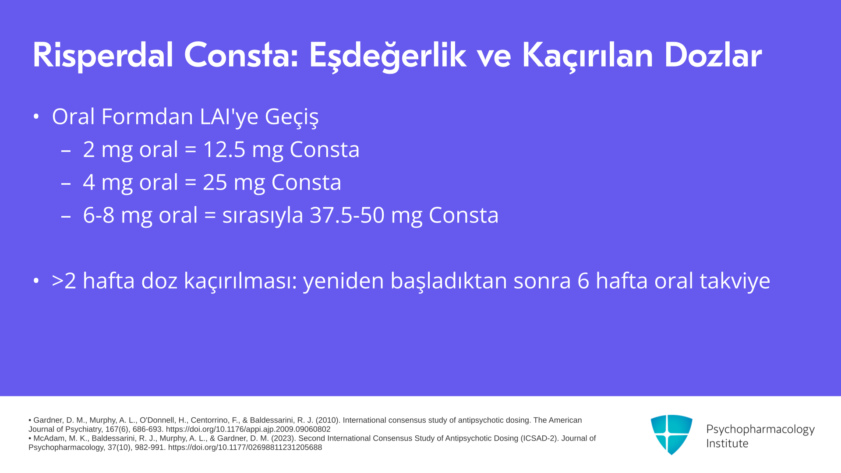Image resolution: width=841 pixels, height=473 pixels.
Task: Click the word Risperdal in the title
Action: (103, 56)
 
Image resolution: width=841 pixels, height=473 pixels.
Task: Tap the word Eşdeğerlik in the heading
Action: (388, 56)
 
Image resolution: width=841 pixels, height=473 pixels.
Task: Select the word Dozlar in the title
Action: (713, 55)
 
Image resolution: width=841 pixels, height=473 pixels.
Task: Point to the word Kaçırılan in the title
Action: (587, 56)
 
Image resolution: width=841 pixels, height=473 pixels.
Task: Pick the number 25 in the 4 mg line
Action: (215, 182)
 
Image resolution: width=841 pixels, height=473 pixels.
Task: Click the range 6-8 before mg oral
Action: (99, 215)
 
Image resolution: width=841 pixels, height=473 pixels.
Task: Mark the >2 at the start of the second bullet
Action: (64, 281)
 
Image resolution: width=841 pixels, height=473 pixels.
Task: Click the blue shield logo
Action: (671, 434)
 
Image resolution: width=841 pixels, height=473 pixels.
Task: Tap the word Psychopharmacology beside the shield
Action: (760, 430)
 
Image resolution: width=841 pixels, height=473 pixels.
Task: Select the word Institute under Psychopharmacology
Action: (727, 444)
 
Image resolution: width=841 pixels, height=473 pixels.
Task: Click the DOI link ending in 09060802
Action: (248, 430)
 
